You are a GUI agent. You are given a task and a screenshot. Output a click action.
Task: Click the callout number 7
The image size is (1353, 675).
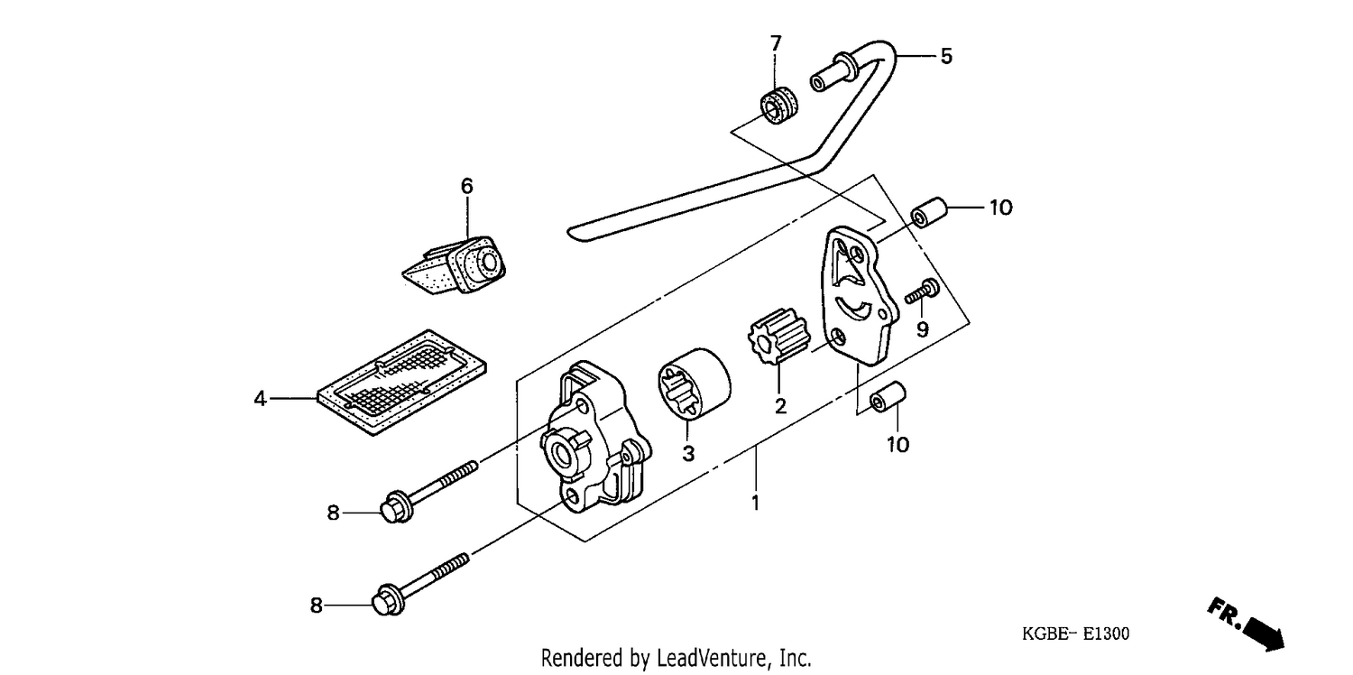point(776,43)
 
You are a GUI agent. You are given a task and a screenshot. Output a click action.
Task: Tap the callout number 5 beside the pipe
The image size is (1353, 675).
point(946,56)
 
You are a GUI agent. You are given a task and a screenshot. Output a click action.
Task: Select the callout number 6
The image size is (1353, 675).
point(467,186)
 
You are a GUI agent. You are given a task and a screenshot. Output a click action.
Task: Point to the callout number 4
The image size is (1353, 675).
point(260,399)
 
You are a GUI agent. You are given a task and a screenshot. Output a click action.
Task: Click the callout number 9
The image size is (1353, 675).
point(923,329)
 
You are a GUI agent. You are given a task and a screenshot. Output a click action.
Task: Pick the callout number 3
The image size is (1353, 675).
point(688,454)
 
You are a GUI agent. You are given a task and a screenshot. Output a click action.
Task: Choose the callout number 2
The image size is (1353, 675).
point(780,406)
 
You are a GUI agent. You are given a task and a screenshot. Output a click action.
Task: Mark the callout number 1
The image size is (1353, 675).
point(755,503)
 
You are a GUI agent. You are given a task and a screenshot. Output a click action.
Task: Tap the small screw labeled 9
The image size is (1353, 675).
point(922,291)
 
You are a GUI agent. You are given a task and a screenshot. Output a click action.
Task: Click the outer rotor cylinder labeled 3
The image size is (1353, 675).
point(695,383)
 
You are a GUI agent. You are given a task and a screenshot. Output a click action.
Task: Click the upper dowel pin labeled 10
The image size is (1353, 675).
point(929,212)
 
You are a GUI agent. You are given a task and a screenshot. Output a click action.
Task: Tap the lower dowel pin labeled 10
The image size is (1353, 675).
point(888,397)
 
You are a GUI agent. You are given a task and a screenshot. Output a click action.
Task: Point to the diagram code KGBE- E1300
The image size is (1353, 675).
point(1076,633)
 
